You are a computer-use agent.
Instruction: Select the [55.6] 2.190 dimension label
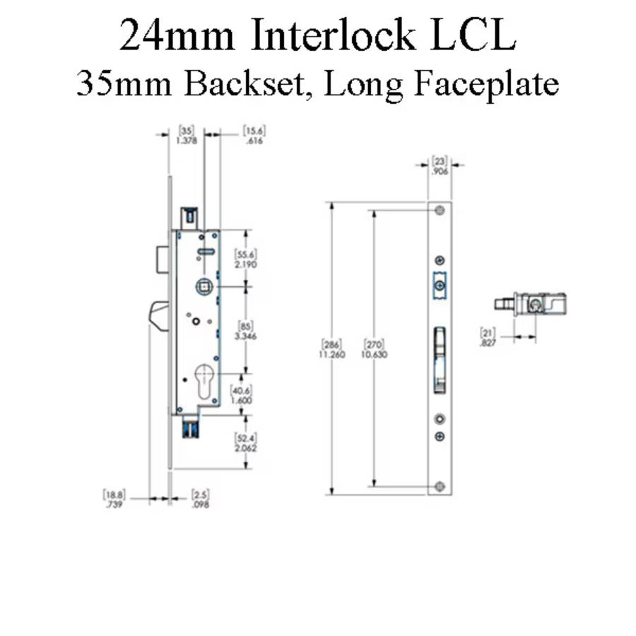point(247,259)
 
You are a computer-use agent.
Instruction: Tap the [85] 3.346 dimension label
point(247,331)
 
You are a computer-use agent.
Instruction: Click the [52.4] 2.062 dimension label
point(247,443)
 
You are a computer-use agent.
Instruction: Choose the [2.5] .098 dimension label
point(200,500)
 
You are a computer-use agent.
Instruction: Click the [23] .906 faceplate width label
point(439,165)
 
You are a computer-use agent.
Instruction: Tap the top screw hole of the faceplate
point(440,211)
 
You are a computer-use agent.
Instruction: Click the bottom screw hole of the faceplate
point(440,485)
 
